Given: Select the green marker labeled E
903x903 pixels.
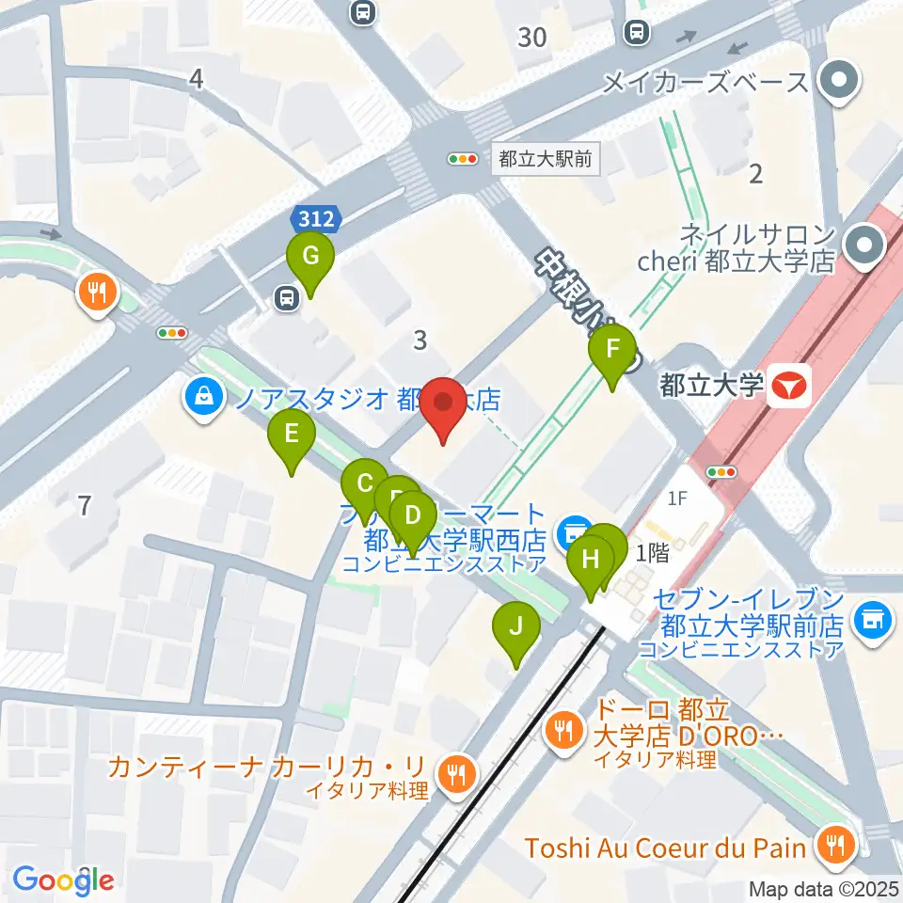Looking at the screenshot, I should point(292,435).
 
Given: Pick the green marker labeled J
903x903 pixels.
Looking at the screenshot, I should point(516,625).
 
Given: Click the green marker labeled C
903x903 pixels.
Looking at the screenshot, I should point(364,485).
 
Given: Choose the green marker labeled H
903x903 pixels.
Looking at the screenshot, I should point(591,560).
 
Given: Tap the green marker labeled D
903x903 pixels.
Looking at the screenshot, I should point(412,515).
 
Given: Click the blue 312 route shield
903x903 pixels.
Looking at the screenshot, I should point(314,219).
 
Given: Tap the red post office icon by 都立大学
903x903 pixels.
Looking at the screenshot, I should point(788,387).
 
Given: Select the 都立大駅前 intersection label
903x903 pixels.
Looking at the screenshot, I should point(546,159).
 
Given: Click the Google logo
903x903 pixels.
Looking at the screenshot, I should point(64,879).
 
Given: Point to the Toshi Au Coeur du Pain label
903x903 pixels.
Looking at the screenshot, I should point(665,848).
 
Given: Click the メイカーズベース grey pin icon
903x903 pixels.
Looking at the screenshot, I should point(836,81).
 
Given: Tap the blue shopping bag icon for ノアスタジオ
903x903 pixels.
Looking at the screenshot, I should point(203,400).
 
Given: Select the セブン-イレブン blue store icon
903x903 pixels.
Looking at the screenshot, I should point(872,621).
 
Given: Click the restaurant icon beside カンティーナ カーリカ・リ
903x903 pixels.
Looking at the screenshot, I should point(457,774).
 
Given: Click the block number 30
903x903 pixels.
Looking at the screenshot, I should point(532,38).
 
